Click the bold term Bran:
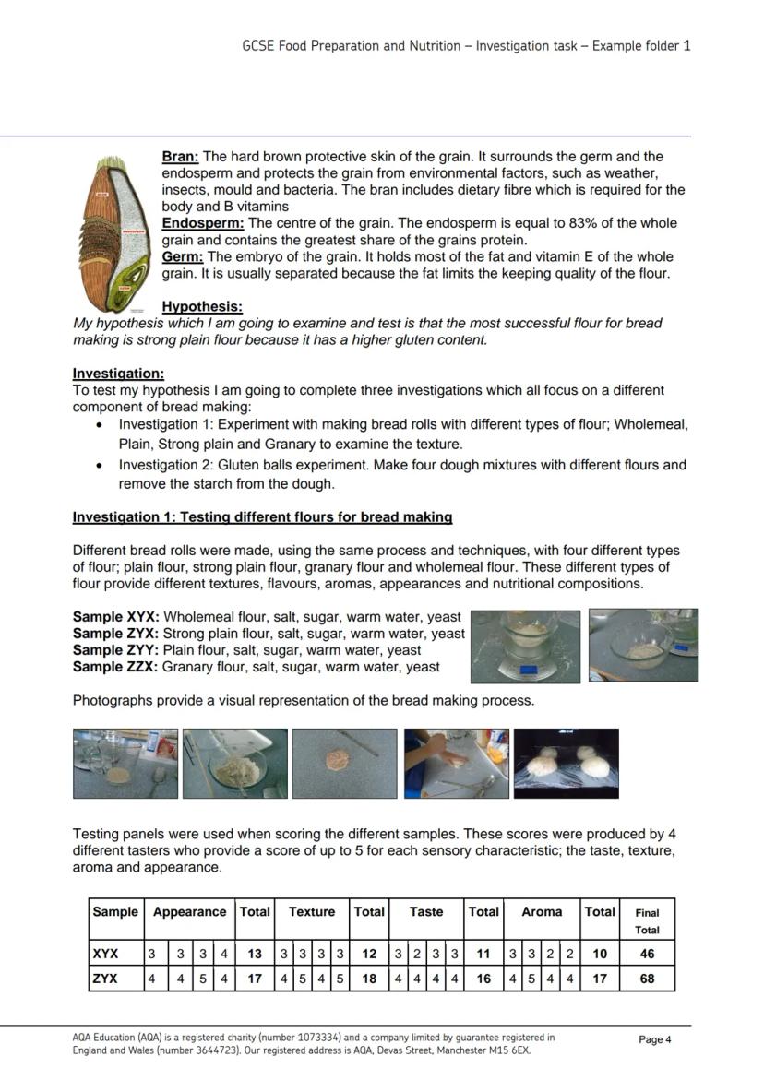(181, 158)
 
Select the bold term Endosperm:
(203, 224)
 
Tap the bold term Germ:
(183, 257)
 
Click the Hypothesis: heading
(202, 307)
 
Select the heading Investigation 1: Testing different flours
(262, 517)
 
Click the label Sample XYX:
(116, 617)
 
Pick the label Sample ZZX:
(115, 667)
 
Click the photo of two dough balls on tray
(566, 764)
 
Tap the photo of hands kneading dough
(456, 764)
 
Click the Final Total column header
(647, 920)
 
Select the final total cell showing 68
(647, 979)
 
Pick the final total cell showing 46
(647, 954)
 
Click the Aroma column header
(542, 912)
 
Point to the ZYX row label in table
(105, 979)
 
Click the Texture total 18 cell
(369, 979)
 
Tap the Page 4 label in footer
(655, 1039)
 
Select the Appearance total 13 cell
(255, 954)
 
